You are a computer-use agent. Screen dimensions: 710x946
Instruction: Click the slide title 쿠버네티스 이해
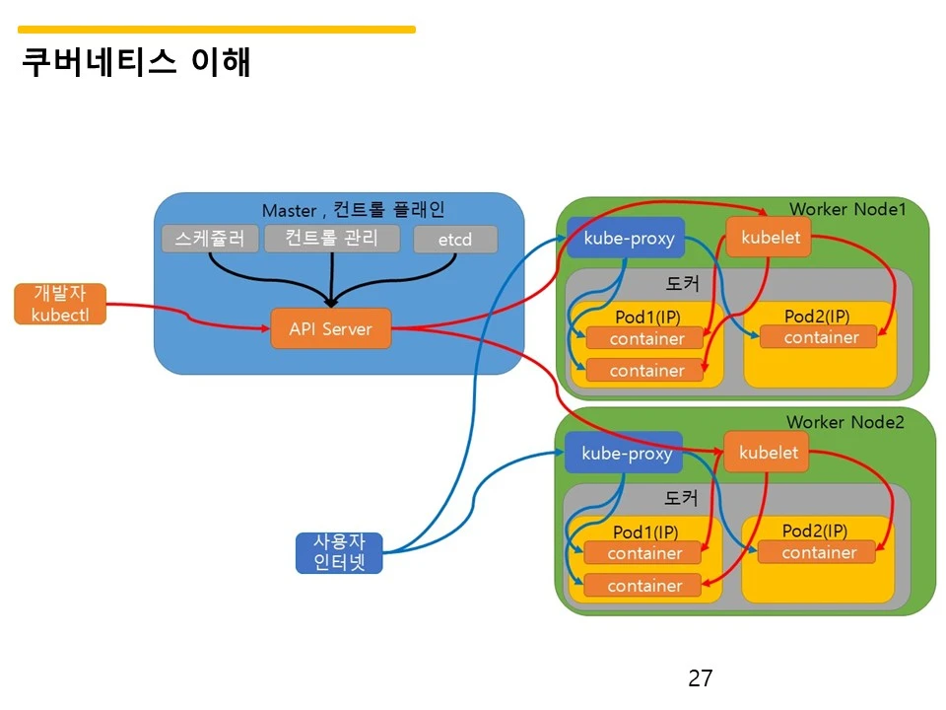pyautogui.click(x=137, y=62)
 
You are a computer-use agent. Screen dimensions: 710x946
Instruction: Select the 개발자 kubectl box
pyautogui.click(x=59, y=304)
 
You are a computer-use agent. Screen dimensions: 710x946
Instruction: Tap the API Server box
pyautogui.click(x=330, y=328)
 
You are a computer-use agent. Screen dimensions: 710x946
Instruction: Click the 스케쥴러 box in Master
pyautogui.click(x=210, y=239)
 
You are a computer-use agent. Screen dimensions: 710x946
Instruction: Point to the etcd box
pyautogui.click(x=454, y=240)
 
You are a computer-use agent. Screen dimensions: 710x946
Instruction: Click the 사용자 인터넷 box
pyautogui.click(x=338, y=553)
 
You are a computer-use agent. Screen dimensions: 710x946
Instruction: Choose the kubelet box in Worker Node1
pyautogui.click(x=770, y=238)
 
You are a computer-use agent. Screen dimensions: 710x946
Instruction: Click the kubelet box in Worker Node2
pyautogui.click(x=768, y=453)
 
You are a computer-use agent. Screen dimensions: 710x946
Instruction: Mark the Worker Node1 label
pyautogui.click(x=846, y=209)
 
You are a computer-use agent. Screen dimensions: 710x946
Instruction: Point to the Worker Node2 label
pyautogui.click(x=845, y=422)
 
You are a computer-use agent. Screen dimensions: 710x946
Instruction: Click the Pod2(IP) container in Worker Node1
pyautogui.click(x=820, y=337)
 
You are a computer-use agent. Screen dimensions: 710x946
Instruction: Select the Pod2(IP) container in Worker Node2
pyautogui.click(x=818, y=552)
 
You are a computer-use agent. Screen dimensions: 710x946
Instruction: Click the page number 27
pyautogui.click(x=700, y=678)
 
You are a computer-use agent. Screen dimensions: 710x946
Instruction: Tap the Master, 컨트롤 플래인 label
pyautogui.click(x=353, y=210)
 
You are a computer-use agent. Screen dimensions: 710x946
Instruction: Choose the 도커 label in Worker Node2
pyautogui.click(x=681, y=498)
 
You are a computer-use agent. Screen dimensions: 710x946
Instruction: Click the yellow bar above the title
pyautogui.click(x=217, y=30)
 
